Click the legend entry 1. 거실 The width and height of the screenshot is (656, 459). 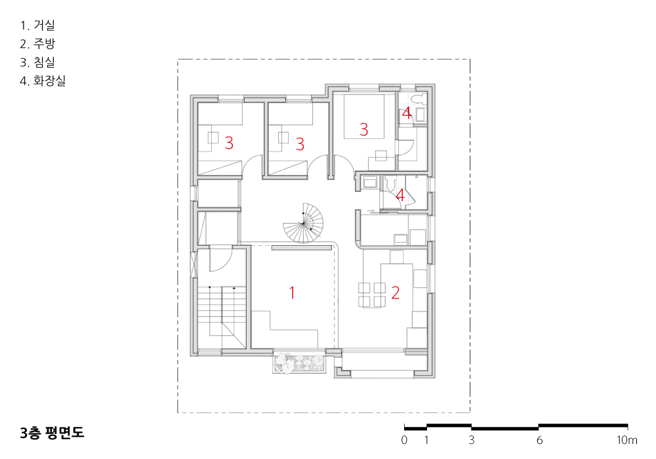(37, 26)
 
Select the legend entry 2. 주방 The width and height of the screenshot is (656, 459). (37, 44)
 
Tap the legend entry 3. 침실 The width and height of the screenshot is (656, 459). (37, 62)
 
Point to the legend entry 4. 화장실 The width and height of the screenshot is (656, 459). (43, 81)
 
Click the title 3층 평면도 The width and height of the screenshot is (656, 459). (52, 433)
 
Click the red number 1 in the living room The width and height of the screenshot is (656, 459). (292, 292)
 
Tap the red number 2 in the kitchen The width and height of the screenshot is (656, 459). (396, 292)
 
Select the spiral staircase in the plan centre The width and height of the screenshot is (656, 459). (304, 223)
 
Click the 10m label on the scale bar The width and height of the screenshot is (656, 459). (626, 440)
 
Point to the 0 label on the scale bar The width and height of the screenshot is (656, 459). (404, 440)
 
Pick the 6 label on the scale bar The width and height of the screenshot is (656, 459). (540, 440)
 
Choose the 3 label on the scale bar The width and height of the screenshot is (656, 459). (472, 440)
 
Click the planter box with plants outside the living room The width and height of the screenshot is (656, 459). (299, 363)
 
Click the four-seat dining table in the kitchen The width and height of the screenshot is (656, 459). (372, 295)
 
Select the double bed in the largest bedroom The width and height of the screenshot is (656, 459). (364, 117)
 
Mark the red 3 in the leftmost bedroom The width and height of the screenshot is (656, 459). (229, 143)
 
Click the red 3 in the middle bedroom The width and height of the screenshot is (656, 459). (300, 144)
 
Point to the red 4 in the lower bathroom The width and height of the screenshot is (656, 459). (400, 195)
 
